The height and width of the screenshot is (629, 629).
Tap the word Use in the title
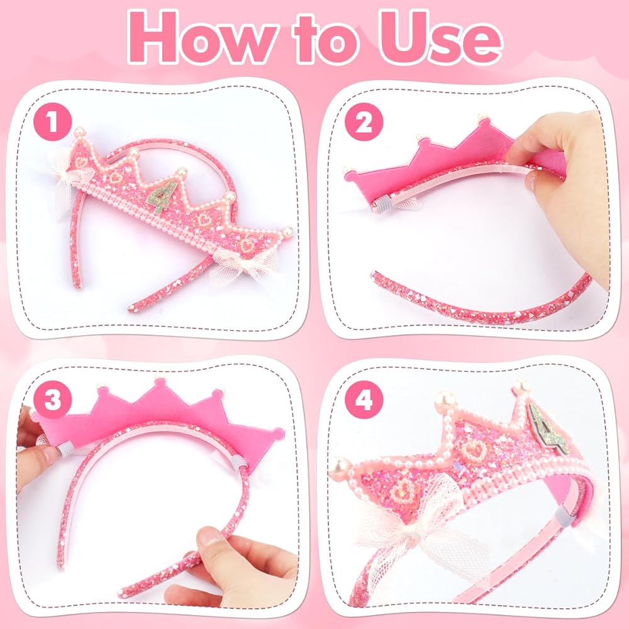click(x=440, y=38)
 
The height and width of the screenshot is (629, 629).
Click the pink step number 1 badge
click(x=53, y=122)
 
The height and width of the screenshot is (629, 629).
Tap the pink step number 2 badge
click(x=364, y=122)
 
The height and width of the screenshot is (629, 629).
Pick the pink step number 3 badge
click(x=53, y=399)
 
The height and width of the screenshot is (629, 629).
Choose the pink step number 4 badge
click(x=364, y=399)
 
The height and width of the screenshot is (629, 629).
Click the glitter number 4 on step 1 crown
click(x=162, y=196)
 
